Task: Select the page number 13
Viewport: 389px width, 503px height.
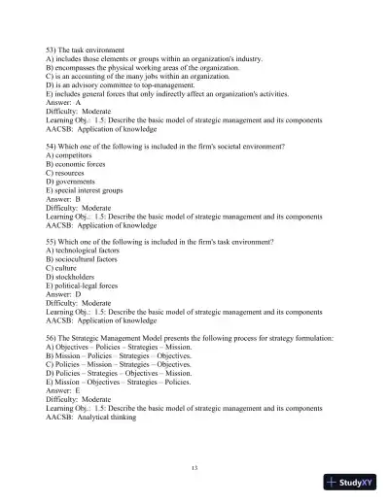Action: point(194,469)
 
